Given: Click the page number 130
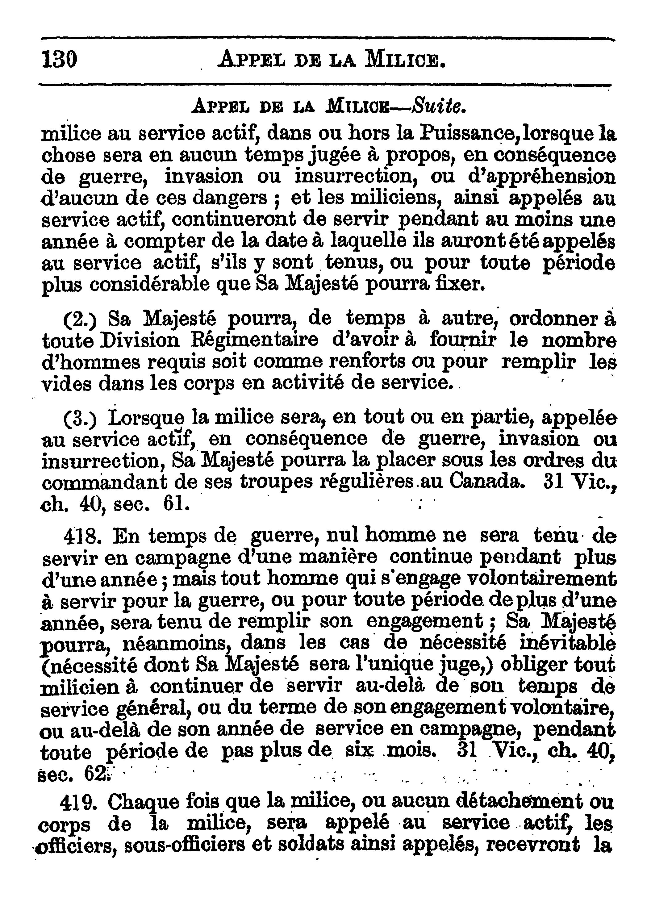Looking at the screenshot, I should coord(59,60).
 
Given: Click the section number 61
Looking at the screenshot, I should coord(176,504).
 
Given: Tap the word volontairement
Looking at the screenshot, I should coord(541,579).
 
